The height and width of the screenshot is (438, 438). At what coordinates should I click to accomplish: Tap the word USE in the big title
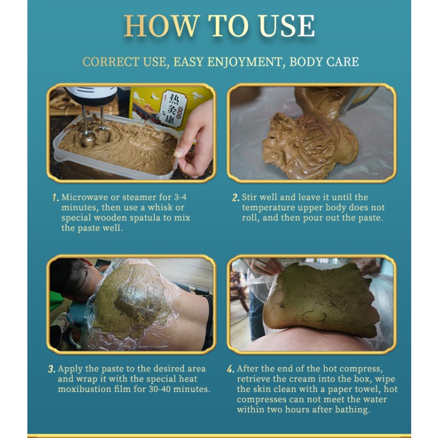click(x=287, y=26)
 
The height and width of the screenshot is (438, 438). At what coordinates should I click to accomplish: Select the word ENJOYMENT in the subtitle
click(x=227, y=62)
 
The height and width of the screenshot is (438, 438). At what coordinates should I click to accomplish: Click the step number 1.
click(x=55, y=198)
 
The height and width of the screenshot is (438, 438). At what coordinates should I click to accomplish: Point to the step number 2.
click(x=235, y=198)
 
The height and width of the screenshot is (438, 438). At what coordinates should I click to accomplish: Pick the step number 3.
click(x=51, y=369)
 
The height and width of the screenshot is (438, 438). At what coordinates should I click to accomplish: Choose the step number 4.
click(x=230, y=369)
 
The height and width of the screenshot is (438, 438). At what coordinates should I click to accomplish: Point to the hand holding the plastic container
click(x=194, y=140)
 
